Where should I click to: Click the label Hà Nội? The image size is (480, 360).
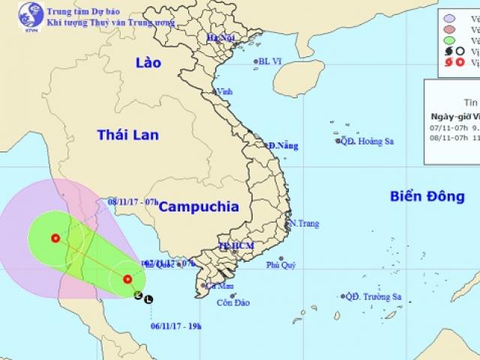(217, 36)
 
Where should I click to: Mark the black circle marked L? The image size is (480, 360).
(148, 298)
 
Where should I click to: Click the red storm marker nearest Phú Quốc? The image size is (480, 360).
(128, 280)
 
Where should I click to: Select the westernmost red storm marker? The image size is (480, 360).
(55, 239)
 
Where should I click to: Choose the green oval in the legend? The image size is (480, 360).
(448, 38)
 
